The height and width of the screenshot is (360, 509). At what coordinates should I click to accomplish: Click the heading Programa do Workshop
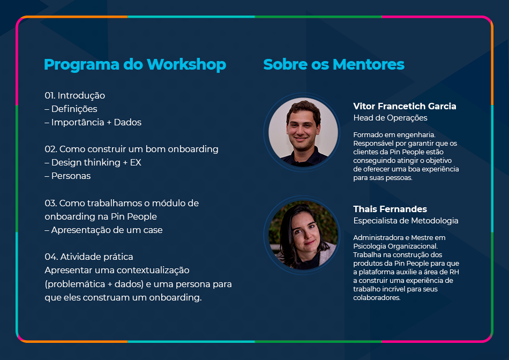(134, 65)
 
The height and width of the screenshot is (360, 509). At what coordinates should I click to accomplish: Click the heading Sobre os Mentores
(334, 64)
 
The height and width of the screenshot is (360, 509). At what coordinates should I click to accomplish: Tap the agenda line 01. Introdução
(74, 95)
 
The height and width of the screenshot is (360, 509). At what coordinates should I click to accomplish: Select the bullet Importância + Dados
(93, 122)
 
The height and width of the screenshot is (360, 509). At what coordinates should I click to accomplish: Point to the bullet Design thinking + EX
(93, 162)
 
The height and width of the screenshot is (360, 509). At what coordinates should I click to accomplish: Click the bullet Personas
(68, 176)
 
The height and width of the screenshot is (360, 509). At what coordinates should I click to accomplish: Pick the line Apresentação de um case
(103, 230)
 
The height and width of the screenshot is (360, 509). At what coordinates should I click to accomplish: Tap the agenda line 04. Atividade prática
(88, 257)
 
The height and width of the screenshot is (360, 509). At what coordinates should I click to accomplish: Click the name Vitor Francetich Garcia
(405, 106)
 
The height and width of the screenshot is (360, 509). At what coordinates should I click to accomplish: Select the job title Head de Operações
(390, 118)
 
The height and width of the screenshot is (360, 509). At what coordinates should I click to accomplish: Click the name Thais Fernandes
(390, 209)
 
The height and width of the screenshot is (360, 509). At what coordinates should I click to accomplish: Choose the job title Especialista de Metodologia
(406, 221)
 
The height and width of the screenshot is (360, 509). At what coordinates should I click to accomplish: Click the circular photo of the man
(303, 132)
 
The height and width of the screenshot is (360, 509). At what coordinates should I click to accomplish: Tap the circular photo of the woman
(303, 235)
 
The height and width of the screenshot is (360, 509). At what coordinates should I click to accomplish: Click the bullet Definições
(71, 109)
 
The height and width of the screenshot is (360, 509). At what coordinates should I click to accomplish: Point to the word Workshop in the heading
(186, 64)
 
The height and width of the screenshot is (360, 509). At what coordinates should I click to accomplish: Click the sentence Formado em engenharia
(394, 134)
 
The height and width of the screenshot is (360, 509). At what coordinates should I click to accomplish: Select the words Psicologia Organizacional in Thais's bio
(395, 246)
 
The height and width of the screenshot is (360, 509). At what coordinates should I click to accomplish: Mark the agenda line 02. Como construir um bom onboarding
(131, 149)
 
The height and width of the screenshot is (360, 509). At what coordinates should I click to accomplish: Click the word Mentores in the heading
(369, 64)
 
